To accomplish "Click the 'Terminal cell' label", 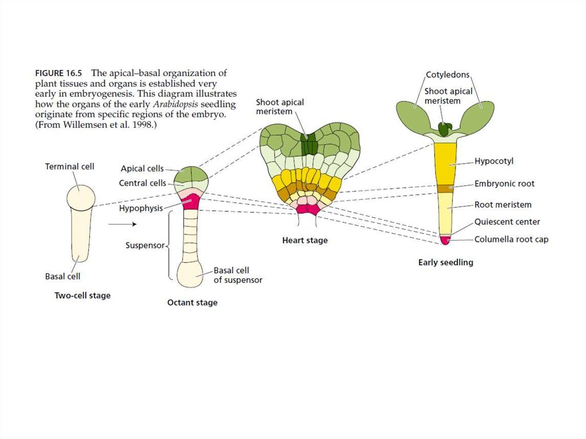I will point(70,167).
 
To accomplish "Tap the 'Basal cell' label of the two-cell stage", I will point(62,276).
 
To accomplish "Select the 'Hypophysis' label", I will point(141,208).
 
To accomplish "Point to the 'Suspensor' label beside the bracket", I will point(145,246).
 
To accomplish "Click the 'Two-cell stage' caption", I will point(82,296).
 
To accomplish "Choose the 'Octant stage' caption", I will point(192,302).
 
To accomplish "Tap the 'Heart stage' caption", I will point(305,240).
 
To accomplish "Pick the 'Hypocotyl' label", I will point(494,161).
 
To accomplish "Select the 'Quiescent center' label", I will point(507,222).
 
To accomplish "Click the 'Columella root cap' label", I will point(511,239).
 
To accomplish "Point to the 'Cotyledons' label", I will point(447,75).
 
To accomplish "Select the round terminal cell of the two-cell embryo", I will point(81,197).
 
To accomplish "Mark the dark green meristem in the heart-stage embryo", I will point(310,144).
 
